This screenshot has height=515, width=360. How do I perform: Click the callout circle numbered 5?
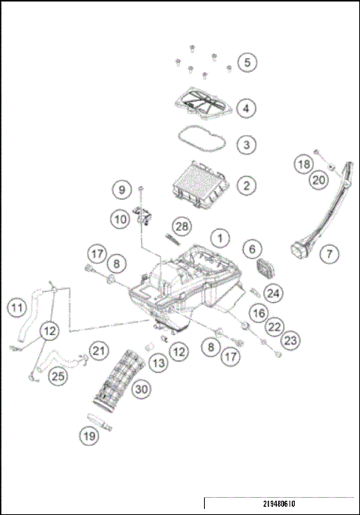(247, 62)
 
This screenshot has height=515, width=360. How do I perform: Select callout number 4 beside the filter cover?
(246, 108)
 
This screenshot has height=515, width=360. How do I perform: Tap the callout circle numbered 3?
(246, 145)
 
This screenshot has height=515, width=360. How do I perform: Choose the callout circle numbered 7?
(329, 253)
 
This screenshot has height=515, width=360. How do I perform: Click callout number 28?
(181, 226)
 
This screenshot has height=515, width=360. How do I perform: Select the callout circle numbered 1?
(220, 238)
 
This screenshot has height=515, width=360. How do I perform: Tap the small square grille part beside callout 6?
(266, 268)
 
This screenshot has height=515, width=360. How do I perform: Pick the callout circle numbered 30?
(142, 389)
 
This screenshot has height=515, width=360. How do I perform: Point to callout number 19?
(89, 436)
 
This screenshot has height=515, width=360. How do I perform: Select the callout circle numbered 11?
(17, 308)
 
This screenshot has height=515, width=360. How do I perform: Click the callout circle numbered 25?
(58, 376)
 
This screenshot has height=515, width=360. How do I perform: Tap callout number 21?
(98, 351)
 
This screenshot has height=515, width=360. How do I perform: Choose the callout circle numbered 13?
(158, 363)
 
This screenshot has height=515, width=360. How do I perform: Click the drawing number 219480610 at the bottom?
(279, 504)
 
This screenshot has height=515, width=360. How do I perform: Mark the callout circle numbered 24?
(273, 293)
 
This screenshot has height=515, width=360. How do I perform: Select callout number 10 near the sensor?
(121, 219)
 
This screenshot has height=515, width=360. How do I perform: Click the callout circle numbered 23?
(290, 340)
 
